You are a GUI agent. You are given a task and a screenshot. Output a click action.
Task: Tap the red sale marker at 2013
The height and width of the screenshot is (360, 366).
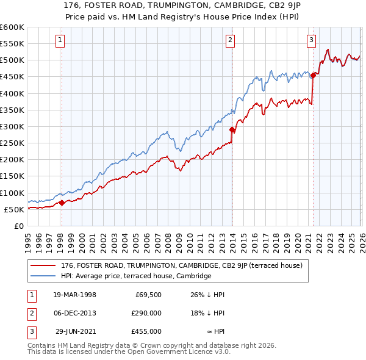[232, 130]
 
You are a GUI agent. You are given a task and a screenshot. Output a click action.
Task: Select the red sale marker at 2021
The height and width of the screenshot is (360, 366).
[313, 75]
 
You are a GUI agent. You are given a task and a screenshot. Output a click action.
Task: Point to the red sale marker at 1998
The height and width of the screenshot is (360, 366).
[62, 203]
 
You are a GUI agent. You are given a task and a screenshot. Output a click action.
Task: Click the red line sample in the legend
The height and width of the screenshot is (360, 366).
[43, 265]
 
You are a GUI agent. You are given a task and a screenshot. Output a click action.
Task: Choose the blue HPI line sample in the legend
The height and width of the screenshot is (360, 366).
[43, 276]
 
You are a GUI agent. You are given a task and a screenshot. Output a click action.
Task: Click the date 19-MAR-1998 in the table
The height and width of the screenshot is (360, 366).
[74, 295]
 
